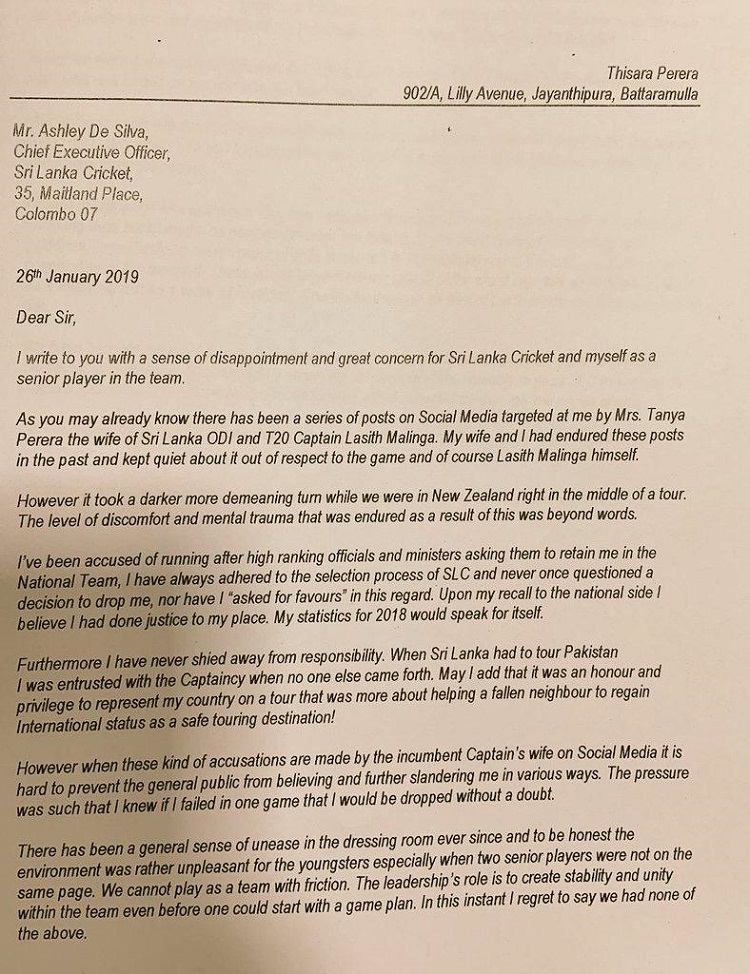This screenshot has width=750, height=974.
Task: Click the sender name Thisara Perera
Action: click(x=652, y=73)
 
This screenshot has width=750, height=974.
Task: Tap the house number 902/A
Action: click(x=422, y=94)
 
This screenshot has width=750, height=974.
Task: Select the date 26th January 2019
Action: click(x=84, y=276)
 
